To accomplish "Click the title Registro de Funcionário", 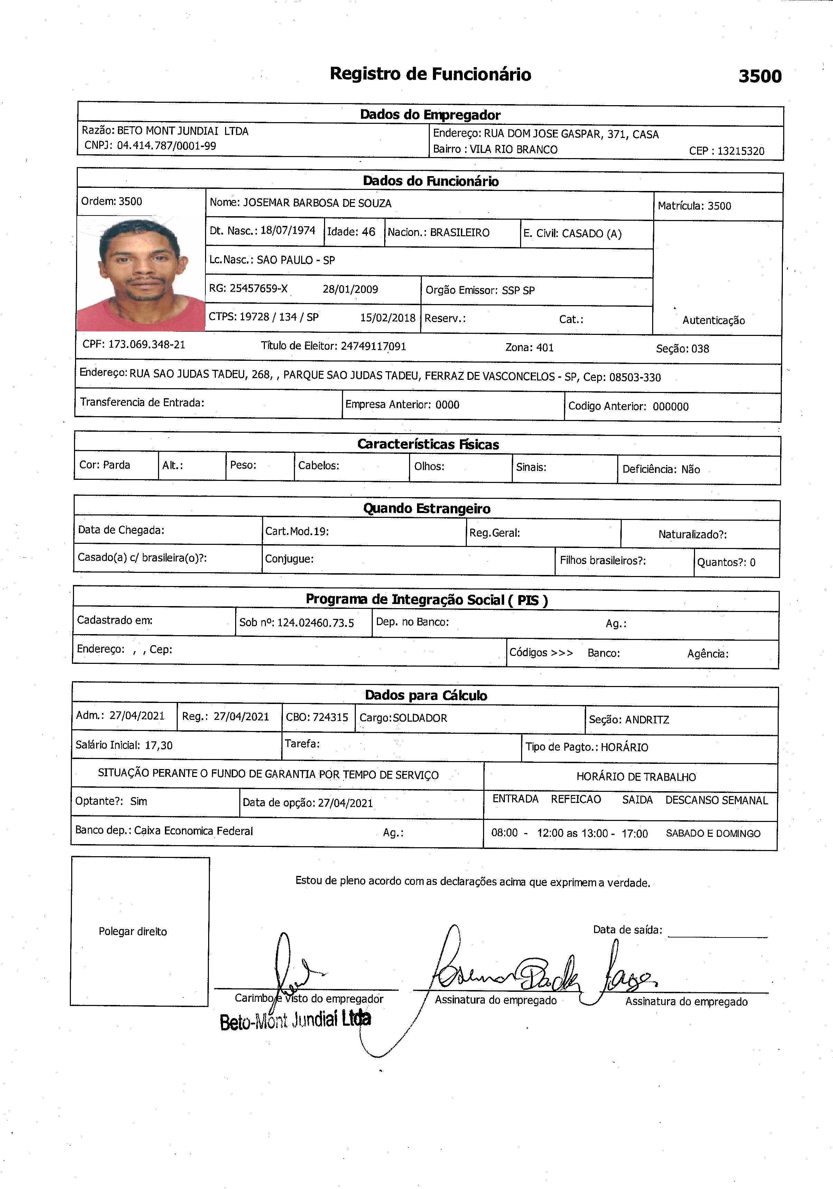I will [x=430, y=74].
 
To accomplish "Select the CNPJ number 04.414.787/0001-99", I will [x=166, y=146].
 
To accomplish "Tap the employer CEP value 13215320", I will [x=740, y=151].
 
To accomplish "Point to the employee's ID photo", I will [x=141, y=273].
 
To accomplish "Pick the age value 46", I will [x=368, y=231].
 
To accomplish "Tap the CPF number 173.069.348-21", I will [x=147, y=344].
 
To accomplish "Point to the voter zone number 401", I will [x=545, y=347].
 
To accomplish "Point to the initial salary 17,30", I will [x=158, y=745].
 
